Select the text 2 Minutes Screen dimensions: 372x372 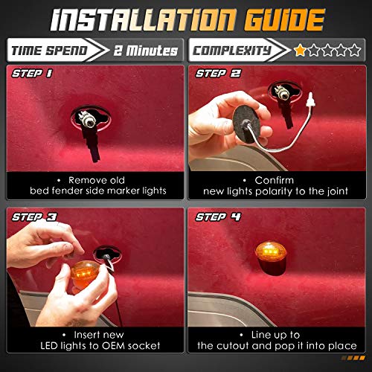pyautogui.click(x=147, y=51)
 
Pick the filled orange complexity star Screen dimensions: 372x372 pyautogui.click(x=300, y=51)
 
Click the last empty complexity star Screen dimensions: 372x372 pyautogui.click(x=356, y=51)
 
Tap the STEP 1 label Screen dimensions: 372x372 pyautogui.click(x=31, y=74)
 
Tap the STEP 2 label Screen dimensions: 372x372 pyautogui.click(x=217, y=74)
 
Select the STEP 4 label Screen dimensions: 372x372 pyautogui.click(x=217, y=218)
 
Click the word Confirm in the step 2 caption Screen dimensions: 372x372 pyautogui.click(x=278, y=180)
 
